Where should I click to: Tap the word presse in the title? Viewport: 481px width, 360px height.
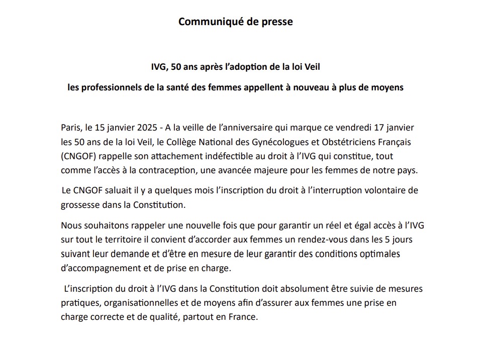pyautogui.click(x=277, y=22)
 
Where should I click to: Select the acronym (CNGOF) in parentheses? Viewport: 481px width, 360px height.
pyautogui.click(x=77, y=156)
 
